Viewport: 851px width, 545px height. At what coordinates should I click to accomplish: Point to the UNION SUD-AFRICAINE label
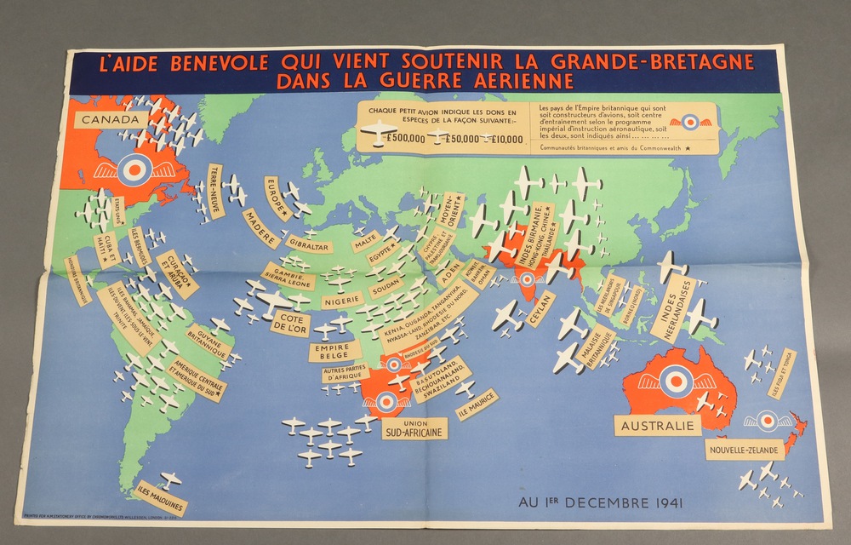(414, 427)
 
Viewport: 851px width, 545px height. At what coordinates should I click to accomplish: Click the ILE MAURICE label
(477, 404)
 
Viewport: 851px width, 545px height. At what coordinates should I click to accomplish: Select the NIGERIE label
(342, 300)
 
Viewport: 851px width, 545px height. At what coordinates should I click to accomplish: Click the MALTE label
(365, 241)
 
